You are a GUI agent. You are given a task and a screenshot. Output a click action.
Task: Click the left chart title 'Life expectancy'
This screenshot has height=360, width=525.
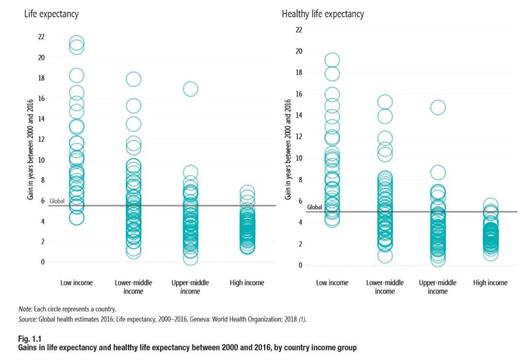click(51, 14)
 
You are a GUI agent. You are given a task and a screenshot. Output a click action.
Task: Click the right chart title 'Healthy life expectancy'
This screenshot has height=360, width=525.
click(323, 14)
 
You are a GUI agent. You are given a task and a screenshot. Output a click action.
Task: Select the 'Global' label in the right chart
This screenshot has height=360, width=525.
click(315, 207)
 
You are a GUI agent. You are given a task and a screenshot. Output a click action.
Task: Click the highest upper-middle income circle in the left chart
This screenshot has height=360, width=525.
click(190, 89)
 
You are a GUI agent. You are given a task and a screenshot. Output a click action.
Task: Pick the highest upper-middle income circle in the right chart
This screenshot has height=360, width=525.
click(437, 108)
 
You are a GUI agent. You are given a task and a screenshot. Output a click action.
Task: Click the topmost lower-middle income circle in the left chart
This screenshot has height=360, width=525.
click(133, 79)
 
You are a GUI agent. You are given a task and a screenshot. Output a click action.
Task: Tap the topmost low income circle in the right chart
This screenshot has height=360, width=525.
click(332, 60)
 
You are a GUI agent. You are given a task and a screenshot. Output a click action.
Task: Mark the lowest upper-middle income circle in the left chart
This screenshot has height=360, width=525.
click(190, 258)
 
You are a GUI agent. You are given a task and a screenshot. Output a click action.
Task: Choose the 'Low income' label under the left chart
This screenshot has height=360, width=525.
click(76, 283)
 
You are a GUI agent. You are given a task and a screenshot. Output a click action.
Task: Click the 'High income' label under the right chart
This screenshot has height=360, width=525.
click(490, 283)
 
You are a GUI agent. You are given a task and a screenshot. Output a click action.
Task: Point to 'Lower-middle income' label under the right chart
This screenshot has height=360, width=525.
click(385, 287)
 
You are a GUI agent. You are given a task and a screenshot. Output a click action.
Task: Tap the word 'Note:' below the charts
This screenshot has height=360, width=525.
click(25, 309)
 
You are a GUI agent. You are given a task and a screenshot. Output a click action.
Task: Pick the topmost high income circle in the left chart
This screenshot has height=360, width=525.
click(247, 191)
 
